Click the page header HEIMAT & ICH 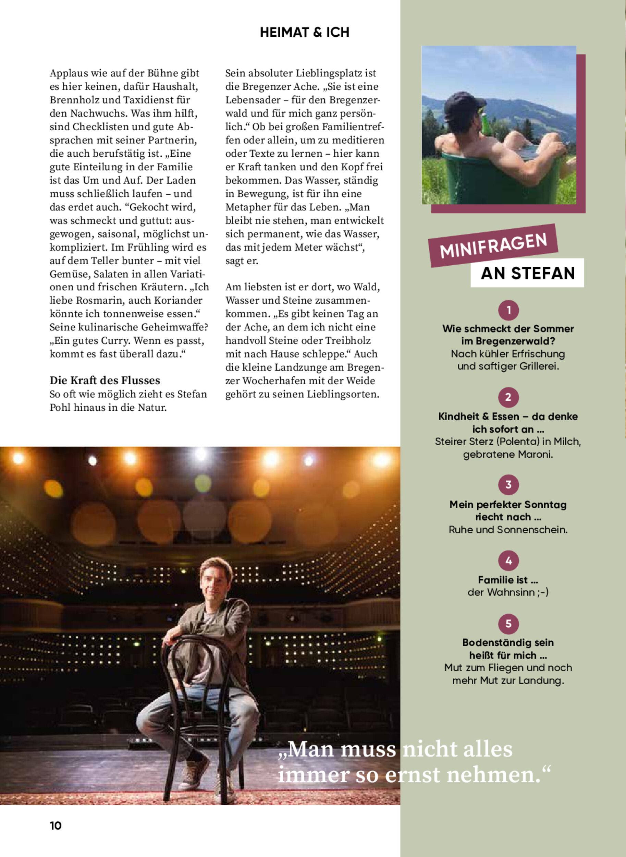pos(304,33)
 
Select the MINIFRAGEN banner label pos(493,245)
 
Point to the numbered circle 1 pos(508,310)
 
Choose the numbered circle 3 pos(508,485)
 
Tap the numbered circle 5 pos(508,624)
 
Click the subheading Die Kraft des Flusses pos(105,381)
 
